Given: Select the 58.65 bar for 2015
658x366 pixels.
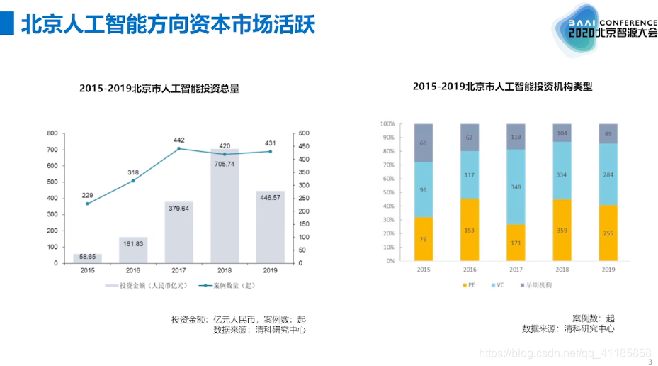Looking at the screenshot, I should [87, 258].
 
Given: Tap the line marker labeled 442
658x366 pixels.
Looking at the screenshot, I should [178, 149].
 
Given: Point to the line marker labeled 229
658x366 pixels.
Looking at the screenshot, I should [87, 204].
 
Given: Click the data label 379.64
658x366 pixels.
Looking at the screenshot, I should [178, 209].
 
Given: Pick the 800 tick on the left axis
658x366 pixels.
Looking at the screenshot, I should [52, 133].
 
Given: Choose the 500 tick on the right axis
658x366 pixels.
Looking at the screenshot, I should [303, 133].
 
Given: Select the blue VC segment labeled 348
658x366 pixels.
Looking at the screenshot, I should [516, 187].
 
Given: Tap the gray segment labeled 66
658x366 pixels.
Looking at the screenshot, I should [424, 143].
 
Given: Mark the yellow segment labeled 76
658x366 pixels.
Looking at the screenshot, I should [424, 239].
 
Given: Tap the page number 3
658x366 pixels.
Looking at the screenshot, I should [650, 361].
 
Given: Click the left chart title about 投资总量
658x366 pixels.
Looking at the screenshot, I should [159, 89].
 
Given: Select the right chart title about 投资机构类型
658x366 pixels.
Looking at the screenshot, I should [502, 87].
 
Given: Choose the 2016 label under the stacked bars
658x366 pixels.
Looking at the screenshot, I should [470, 270].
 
